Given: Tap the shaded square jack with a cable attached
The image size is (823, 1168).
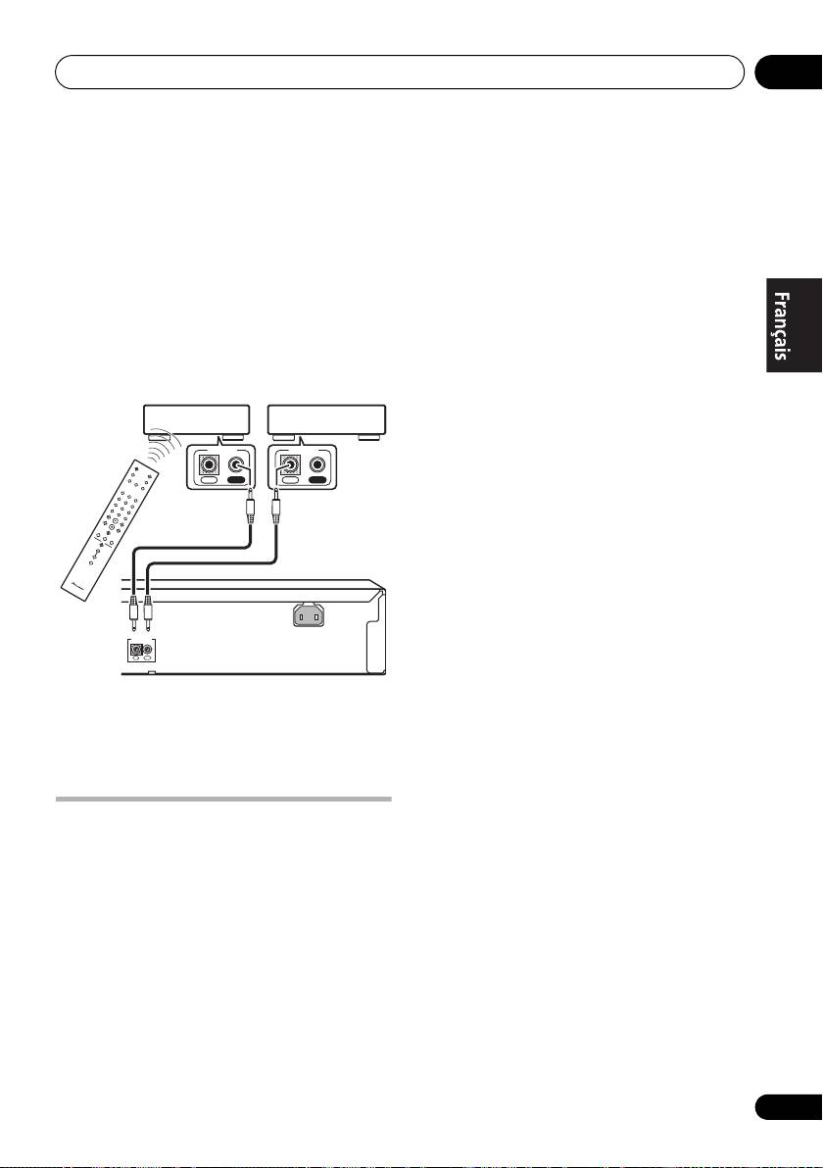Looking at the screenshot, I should (x=290, y=467).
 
